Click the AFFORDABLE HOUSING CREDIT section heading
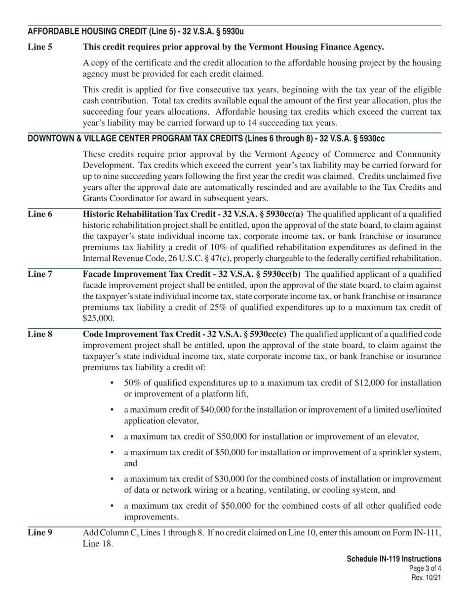tap(136, 32)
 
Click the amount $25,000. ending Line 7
tap(99, 318)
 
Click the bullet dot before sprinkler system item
tap(113, 453)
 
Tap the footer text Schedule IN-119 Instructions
tap(393, 559)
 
